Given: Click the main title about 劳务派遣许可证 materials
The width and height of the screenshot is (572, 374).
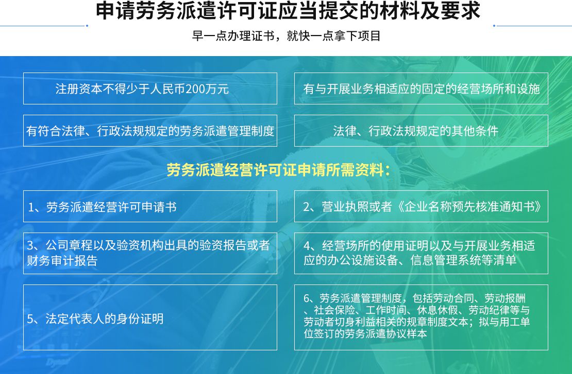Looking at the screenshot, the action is tap(288, 10).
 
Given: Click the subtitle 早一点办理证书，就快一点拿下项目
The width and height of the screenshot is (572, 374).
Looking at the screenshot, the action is tap(287, 36).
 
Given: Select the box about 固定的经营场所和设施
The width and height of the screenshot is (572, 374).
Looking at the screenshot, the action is tap(421, 88).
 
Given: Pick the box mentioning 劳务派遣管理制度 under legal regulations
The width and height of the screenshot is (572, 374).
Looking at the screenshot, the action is tap(150, 131).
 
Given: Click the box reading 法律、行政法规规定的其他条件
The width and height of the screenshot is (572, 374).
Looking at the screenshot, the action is tap(421, 131).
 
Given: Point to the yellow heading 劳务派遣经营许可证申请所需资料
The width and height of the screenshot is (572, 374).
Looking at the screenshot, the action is tap(278, 170).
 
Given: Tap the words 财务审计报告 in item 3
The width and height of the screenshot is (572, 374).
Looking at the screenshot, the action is tap(62, 261).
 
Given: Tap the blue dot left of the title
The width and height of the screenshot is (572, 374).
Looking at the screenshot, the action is tap(87, 26).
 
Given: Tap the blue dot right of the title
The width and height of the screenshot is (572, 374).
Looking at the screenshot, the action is tap(494, 26).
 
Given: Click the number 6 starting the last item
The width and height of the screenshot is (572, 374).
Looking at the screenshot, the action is tap(307, 298).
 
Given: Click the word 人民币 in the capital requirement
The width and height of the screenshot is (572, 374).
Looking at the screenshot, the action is tap(168, 89).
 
